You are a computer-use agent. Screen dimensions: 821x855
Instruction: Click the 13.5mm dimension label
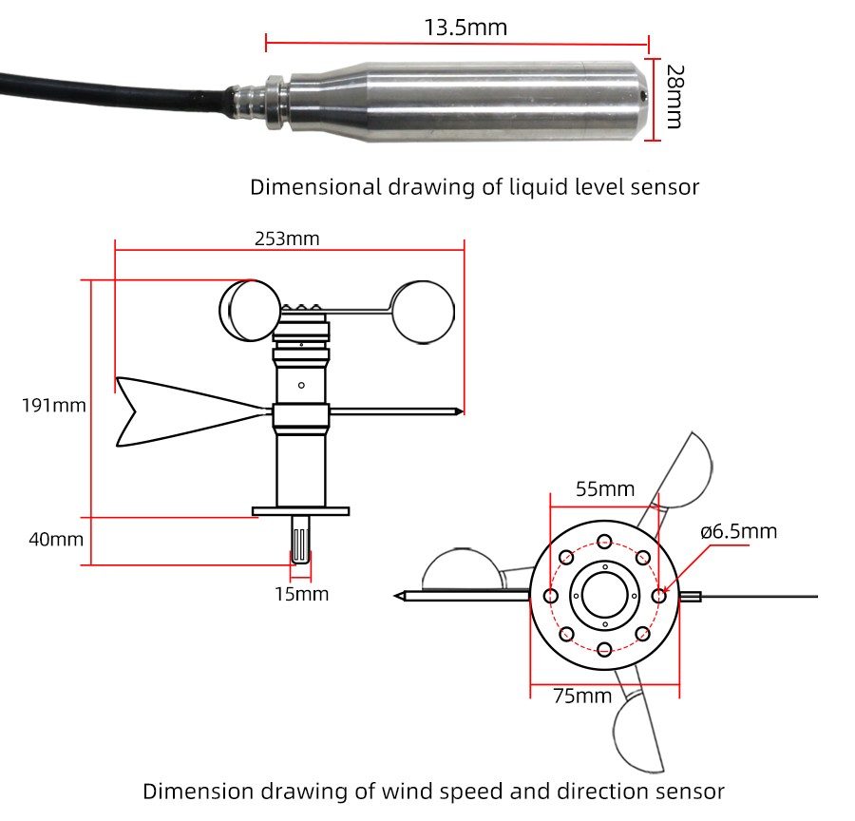[x=465, y=28]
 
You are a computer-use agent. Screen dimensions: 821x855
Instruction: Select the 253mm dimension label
[x=287, y=239]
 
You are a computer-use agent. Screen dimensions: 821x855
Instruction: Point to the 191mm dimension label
[x=54, y=406]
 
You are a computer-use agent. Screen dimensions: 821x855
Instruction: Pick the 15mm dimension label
[x=301, y=594]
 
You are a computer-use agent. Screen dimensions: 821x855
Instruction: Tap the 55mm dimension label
[x=605, y=489]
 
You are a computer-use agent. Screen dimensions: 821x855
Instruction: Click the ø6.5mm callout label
[x=738, y=530]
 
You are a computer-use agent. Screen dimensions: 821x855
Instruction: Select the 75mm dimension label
[x=581, y=697]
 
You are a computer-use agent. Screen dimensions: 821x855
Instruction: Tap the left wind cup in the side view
[x=250, y=310]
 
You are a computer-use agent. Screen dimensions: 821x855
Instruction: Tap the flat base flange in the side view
[x=301, y=512]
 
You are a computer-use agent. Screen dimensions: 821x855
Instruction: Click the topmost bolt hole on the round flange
[x=604, y=543]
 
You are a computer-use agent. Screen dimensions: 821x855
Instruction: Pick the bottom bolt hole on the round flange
[x=604, y=650]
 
